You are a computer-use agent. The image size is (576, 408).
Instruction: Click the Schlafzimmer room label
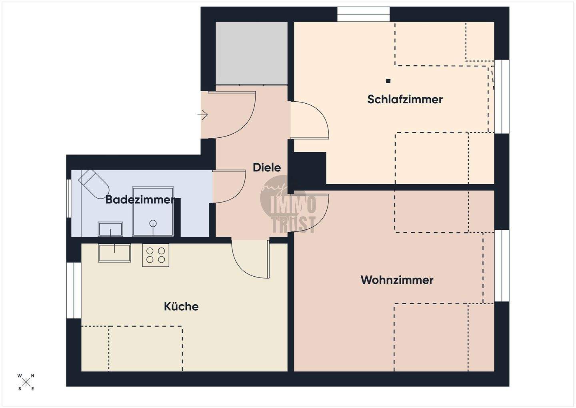(x=405, y=99)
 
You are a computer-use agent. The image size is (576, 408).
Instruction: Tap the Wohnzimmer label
(x=397, y=280)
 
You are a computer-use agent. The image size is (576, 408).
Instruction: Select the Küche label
(x=181, y=307)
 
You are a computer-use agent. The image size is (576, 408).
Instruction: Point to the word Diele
(x=267, y=167)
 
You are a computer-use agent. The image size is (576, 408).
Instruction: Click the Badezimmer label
(x=140, y=199)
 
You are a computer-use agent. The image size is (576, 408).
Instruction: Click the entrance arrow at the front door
(x=203, y=115)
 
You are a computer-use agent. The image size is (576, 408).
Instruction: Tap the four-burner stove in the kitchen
(x=156, y=255)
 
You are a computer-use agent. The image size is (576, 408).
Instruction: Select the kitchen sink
(x=114, y=253)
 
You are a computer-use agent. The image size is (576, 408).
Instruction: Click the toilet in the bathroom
(x=94, y=183)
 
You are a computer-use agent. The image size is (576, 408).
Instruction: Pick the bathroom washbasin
(x=110, y=229)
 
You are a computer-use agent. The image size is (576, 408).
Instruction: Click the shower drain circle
(x=153, y=223)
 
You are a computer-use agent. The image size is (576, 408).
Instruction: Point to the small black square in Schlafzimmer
(x=388, y=81)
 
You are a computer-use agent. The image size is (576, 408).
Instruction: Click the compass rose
(x=26, y=382)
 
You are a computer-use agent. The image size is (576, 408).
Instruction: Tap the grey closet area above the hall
(x=251, y=53)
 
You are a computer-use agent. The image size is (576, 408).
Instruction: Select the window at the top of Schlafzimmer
(x=363, y=14)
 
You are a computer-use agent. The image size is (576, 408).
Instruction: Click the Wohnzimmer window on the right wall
(x=502, y=266)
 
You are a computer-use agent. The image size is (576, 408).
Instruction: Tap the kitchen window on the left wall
(x=74, y=290)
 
